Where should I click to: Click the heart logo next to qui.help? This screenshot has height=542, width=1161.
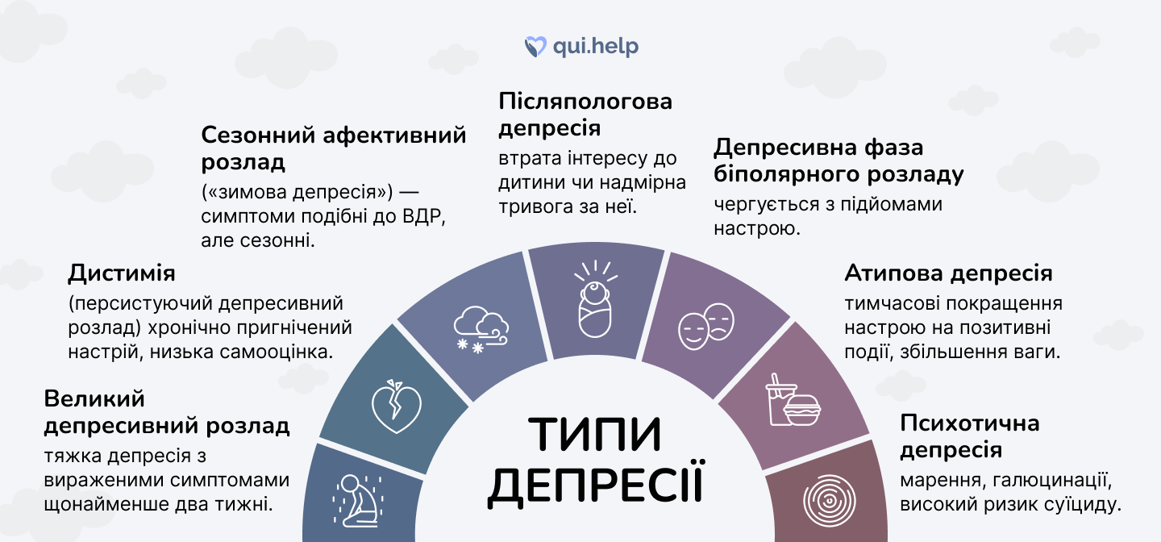click(x=535, y=46)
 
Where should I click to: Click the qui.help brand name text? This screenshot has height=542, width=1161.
click(x=595, y=46)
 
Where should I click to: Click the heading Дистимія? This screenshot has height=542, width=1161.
click(x=122, y=273)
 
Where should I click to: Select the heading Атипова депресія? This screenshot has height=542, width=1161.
click(x=948, y=273)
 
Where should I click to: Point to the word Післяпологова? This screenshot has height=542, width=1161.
click(x=585, y=102)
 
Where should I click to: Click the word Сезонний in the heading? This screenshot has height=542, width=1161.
click(x=256, y=135)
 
